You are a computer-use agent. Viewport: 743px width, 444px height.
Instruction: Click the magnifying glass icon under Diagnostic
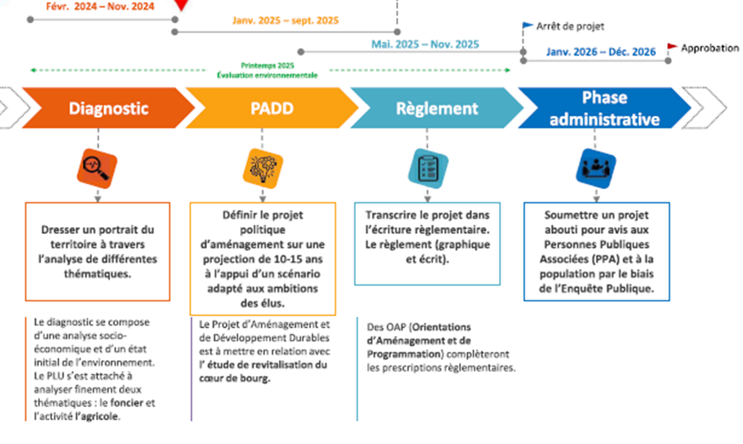tap(97, 168)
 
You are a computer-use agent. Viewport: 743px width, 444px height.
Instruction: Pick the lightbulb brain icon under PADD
tap(263, 166)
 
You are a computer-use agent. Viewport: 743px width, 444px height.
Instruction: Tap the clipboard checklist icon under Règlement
tap(427, 166)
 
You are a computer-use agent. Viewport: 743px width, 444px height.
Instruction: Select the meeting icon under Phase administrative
tap(595, 166)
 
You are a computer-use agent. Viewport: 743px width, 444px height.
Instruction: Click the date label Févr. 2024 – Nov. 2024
tap(101, 7)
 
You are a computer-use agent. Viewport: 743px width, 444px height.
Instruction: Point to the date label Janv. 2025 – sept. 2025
tap(285, 21)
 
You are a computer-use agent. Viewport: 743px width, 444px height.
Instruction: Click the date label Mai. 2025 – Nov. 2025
tap(425, 45)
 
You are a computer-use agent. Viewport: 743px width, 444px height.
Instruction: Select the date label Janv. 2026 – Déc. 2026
tap(600, 52)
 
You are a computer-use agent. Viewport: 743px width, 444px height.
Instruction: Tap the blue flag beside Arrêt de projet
tap(528, 26)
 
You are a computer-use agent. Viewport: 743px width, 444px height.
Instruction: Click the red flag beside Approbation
tap(672, 46)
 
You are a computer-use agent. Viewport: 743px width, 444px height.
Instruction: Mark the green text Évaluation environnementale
tap(267, 75)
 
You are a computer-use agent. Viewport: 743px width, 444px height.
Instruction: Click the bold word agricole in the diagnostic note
tap(98, 416)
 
